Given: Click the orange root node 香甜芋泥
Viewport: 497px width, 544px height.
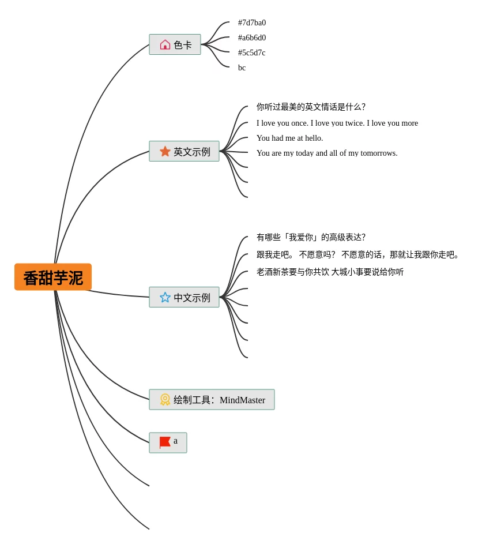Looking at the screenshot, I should (x=53, y=277).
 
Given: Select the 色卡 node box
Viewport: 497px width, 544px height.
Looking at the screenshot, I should (x=175, y=44).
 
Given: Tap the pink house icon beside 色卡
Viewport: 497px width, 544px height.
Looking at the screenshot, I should (x=165, y=44).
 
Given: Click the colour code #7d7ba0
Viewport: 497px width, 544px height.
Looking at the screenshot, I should (x=252, y=23).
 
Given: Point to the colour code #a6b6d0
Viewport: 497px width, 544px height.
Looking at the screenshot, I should (x=252, y=38).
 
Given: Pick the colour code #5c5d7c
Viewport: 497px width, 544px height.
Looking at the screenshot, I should (x=252, y=53).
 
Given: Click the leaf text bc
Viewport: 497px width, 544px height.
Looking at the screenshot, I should (x=242, y=68).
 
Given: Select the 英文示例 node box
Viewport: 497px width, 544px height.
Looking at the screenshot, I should (x=184, y=151).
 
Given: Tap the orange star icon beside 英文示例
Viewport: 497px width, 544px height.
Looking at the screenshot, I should (x=165, y=151).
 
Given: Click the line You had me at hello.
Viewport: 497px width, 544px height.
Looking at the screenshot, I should (x=289, y=138).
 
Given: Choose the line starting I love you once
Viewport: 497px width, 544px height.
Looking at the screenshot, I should (x=337, y=123).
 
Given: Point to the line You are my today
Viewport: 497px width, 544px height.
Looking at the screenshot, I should (x=327, y=153).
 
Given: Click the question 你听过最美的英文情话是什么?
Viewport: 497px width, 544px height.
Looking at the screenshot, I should (x=311, y=107).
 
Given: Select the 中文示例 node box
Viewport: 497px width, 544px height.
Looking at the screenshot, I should (x=184, y=297).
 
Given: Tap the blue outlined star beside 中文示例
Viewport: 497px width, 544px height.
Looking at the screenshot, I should (x=165, y=297).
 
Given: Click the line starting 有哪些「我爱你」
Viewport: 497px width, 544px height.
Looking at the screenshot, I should (x=311, y=238).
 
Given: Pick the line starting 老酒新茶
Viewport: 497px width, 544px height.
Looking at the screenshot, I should (x=330, y=272).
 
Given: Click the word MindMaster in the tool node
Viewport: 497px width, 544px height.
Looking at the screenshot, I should (x=242, y=400).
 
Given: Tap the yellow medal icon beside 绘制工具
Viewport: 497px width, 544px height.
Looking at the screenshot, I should (x=165, y=399).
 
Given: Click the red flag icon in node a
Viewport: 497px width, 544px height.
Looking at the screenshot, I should (x=164, y=442).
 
